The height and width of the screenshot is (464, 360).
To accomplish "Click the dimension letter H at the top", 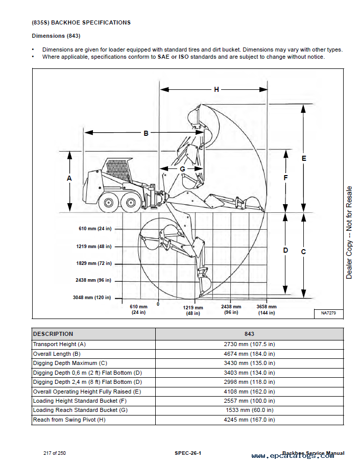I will point(217,89).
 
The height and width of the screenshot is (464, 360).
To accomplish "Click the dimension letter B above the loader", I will point(146,133).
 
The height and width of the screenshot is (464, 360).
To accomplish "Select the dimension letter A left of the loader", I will point(69,178).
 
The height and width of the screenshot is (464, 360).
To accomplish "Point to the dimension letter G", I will point(182,168).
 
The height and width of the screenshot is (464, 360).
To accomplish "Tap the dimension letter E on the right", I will point(304,158).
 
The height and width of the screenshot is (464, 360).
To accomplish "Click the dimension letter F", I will point(286,178).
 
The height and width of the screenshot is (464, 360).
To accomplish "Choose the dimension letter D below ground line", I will point(286,250).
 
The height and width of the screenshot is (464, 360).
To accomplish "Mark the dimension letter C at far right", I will point(304,252).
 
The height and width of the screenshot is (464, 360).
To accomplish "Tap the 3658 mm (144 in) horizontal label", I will point(266,309).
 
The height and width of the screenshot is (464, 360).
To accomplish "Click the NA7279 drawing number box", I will point(328,312).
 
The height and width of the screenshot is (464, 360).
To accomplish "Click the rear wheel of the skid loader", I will point(109,203).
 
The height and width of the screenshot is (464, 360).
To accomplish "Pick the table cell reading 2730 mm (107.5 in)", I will point(249,345).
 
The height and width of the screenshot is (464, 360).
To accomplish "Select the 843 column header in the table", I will point(249,334).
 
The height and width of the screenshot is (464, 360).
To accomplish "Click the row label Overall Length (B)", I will point(57,354).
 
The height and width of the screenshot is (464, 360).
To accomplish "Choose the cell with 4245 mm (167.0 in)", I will point(249,420).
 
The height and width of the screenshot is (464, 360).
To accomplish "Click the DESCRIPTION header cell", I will point(53,334).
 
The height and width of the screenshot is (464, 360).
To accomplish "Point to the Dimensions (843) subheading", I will point(56,36).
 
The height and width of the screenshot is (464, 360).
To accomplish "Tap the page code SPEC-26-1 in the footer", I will point(188,453).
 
